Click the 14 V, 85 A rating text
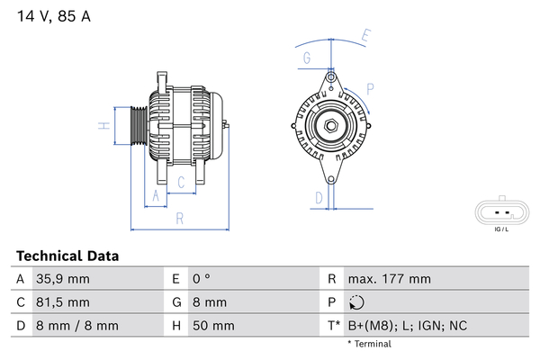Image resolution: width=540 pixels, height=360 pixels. (54, 16)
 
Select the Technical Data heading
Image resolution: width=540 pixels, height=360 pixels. (67, 256)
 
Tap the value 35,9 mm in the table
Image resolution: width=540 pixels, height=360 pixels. (63, 279)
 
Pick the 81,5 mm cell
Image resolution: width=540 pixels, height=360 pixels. (63, 302)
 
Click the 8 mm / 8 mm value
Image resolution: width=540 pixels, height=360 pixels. (77, 326)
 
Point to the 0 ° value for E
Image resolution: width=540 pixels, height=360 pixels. (202, 279)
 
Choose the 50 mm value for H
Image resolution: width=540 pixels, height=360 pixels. (213, 326)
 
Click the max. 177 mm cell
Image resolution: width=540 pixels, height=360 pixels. (390, 279)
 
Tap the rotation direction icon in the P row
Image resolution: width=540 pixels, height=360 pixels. (356, 302)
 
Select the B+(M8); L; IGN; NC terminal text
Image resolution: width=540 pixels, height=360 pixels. (408, 326)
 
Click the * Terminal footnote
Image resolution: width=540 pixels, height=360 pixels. (370, 344)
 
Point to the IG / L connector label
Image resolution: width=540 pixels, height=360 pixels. (501, 229)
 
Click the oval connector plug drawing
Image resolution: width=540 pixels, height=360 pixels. (502, 211)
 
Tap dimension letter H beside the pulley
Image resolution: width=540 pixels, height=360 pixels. (104, 126)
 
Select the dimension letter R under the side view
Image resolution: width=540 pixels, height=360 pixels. (179, 219)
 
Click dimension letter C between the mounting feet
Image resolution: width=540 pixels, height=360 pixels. (181, 182)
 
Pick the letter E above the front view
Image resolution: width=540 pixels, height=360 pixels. (365, 36)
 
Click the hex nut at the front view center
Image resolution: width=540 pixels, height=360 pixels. (331, 126)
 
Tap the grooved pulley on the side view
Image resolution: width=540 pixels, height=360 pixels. (139, 125)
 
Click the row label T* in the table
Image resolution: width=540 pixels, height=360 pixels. (334, 326)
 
